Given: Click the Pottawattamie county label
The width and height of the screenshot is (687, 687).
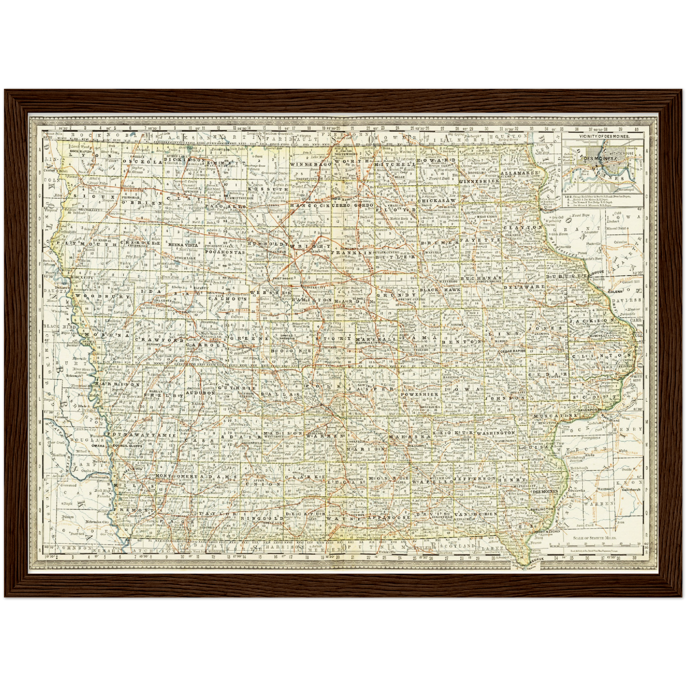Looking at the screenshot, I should [x=141, y=435].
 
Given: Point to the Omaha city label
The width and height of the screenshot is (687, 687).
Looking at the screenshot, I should [x=98, y=446].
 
